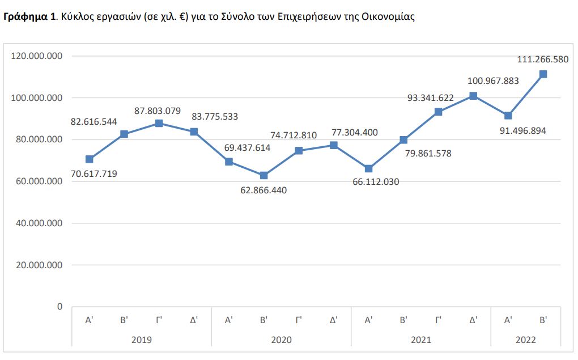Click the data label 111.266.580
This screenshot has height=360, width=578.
point(543,59)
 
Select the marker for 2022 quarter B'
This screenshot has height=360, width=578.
point(543,74)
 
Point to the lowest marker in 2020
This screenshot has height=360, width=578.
point(263,176)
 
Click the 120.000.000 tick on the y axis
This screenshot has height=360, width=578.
point(37,56)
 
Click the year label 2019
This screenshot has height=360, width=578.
point(141,340)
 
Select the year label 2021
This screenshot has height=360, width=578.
point(420,340)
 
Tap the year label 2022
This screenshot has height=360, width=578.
point(525,340)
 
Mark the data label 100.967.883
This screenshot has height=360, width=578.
point(493,81)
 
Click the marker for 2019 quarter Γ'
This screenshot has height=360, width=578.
point(159,123)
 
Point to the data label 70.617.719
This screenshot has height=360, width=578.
point(93,174)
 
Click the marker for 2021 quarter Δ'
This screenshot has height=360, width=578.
point(473,96)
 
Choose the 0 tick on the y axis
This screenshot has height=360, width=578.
point(59,307)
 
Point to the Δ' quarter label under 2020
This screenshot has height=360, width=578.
point(333,320)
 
